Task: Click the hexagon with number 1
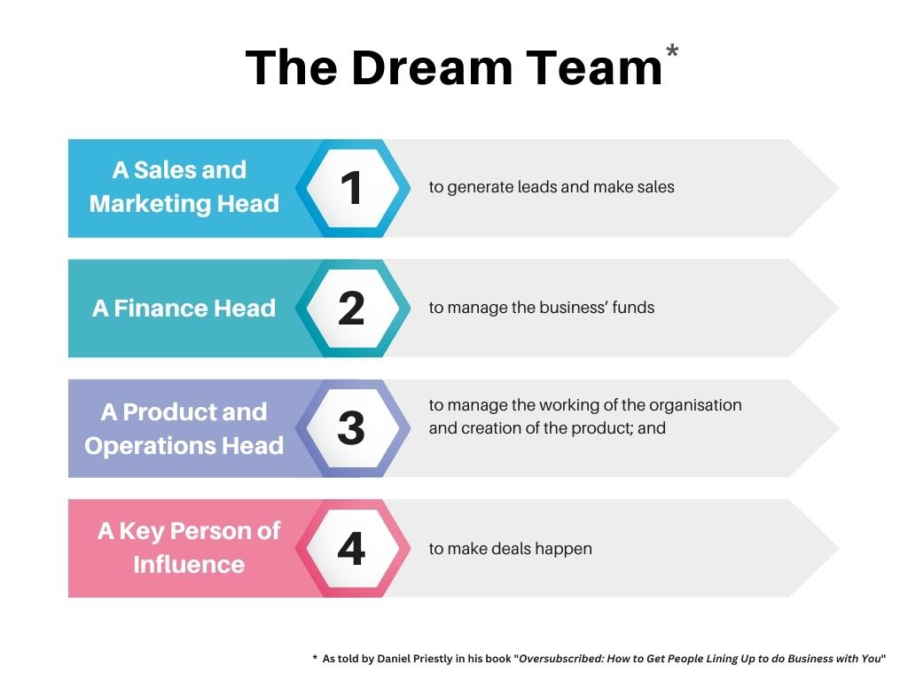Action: pos(353,188)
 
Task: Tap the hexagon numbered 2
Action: pos(353,308)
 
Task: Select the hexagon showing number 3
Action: pos(353,428)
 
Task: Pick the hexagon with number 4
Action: pos(353,548)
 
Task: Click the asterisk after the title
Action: pos(672,51)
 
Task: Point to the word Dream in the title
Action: pos(432,67)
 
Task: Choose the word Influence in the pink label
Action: pos(189,565)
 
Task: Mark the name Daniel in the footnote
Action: pos(394,659)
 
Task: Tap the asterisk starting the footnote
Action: pos(315,658)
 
